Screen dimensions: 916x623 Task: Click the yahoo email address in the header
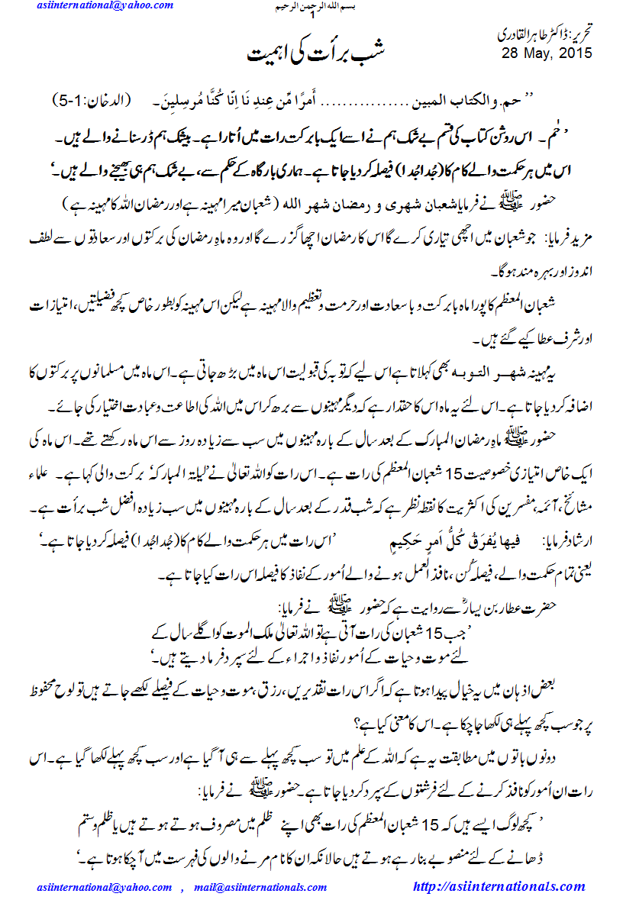(x=105, y=6)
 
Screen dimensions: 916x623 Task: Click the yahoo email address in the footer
(x=105, y=887)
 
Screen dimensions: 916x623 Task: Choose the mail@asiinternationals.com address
(x=260, y=887)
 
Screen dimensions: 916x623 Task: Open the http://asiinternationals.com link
(x=499, y=886)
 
